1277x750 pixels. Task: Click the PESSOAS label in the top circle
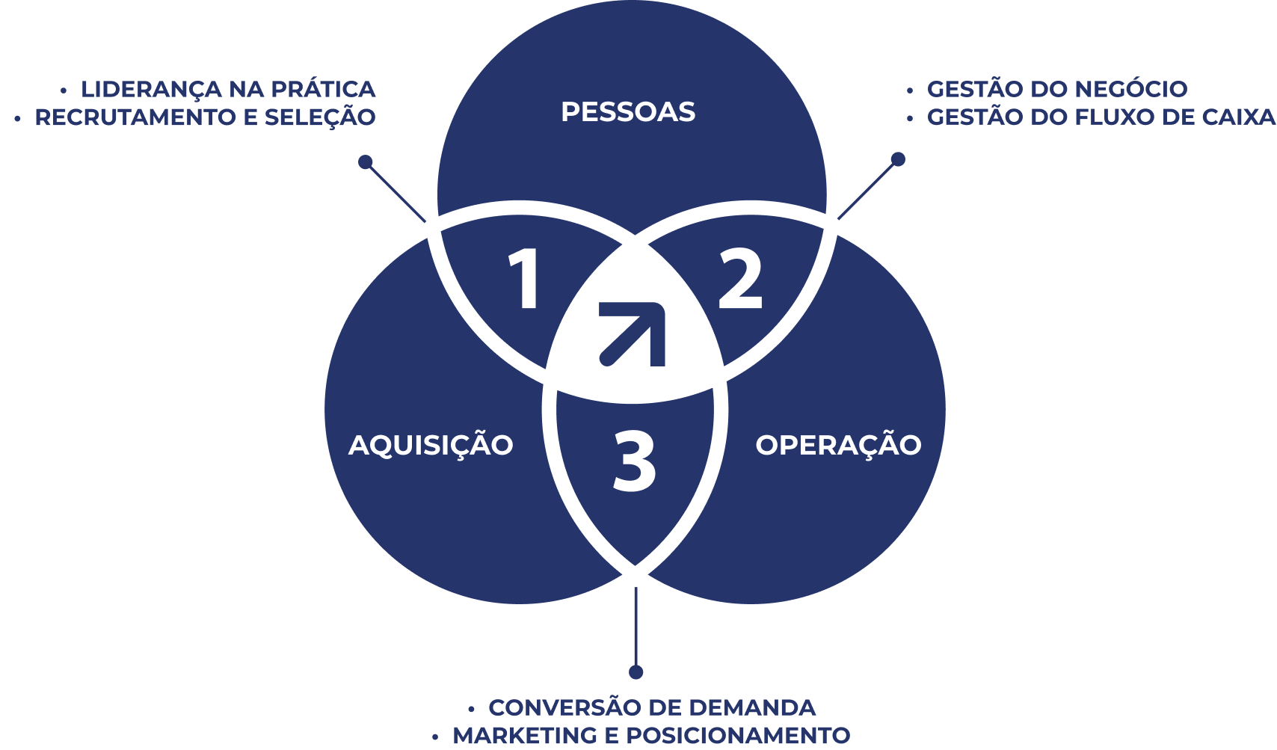click(628, 112)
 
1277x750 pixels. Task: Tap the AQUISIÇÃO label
click(431, 445)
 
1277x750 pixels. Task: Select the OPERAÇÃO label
click(838, 445)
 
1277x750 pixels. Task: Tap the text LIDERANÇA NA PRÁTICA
click(228, 89)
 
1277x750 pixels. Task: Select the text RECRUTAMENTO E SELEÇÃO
click(205, 117)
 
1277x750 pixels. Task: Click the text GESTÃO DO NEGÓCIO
click(1057, 89)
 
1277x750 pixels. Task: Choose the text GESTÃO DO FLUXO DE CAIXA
click(1101, 117)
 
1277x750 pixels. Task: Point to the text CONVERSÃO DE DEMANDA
click(652, 707)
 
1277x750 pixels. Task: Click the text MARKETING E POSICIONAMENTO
click(651, 736)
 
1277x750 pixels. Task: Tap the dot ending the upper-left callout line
click(366, 162)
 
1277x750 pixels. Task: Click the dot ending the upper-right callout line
click(898, 159)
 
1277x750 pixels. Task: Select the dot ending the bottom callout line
click(636, 672)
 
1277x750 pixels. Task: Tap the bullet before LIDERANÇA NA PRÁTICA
click(64, 90)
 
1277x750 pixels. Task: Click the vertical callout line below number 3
click(636, 624)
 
